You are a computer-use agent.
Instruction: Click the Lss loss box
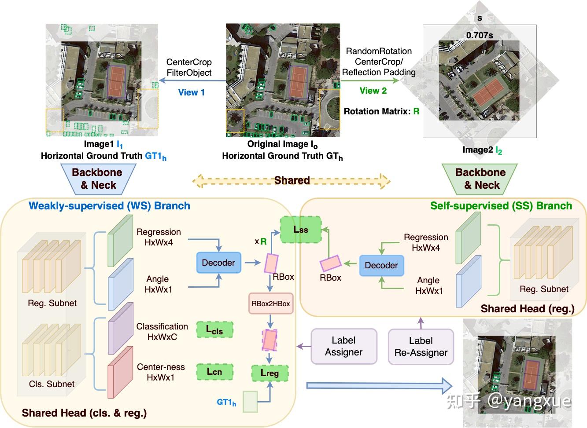[x=301, y=230]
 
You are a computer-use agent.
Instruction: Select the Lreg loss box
[x=270, y=373]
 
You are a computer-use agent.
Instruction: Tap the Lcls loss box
[x=214, y=329]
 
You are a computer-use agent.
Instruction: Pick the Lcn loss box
[x=214, y=372]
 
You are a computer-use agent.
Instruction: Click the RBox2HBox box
[x=271, y=304]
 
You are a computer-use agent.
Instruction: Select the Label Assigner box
[x=344, y=346]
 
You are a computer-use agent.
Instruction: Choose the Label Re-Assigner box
[x=421, y=347]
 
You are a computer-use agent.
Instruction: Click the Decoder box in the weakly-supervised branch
[x=218, y=263]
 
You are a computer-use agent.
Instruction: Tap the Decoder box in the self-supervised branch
[x=381, y=265]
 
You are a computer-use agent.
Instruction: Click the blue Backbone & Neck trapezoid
[x=98, y=179]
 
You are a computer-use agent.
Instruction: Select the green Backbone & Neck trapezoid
[x=480, y=179]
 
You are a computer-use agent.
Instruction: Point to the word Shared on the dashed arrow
[x=292, y=180]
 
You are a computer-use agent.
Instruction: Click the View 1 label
[x=191, y=92]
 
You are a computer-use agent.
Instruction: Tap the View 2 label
[x=373, y=91]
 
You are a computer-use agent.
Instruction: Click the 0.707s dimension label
[x=480, y=35]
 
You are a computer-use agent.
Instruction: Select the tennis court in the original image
[x=298, y=82]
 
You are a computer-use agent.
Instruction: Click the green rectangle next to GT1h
[x=250, y=402]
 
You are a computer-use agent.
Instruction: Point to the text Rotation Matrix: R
[x=381, y=111]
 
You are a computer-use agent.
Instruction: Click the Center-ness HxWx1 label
[x=161, y=372]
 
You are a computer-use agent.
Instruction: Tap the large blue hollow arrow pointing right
[x=379, y=386]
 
